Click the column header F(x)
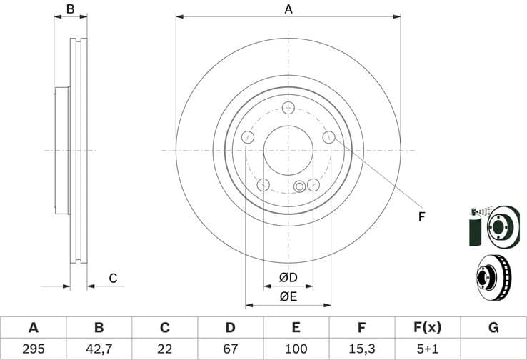tap(428, 328)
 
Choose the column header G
tap(493, 328)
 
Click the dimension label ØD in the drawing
tap(288, 277)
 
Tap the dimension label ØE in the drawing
tap(288, 296)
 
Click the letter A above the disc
tap(288, 9)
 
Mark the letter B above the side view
tap(70, 9)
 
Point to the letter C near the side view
tap(113, 279)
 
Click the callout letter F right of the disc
tap(421, 216)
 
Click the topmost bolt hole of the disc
tap(288, 108)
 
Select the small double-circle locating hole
tap(300, 187)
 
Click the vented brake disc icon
tap(493, 276)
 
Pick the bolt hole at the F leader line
tap(328, 137)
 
